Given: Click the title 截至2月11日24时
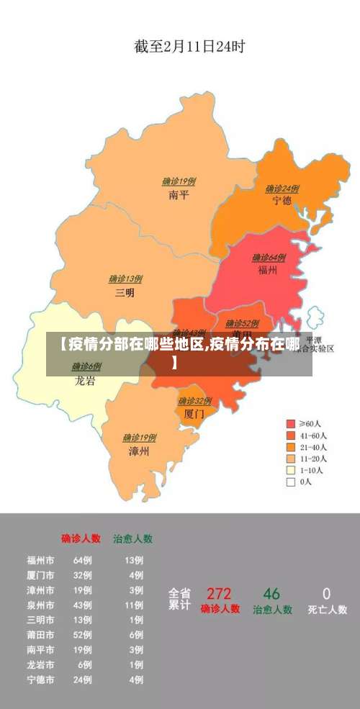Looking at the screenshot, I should pos(189,47).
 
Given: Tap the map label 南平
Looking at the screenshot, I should pos(179,195).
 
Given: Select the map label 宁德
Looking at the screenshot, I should pos(282,201).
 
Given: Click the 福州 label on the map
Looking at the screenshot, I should pos(269,271).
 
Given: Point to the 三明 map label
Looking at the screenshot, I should pos(125,293).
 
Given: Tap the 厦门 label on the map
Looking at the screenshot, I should pos(194,414).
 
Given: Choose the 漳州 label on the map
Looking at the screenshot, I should pos(139,451).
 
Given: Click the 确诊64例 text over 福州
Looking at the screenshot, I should pos(269,258).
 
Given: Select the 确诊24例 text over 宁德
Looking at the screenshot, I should pos(282,189).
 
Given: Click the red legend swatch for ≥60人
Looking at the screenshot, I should pos(291,424).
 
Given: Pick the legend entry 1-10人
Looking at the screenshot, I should pos(311,471).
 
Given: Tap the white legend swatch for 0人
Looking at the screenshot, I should pos(291,482).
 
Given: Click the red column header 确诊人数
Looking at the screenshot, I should pos(81,538).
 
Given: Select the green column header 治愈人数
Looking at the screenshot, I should pos(132,538).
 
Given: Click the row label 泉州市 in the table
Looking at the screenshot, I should pos(40,605).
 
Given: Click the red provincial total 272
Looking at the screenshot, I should pos(219,594).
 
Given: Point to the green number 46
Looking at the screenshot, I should pos(271,594).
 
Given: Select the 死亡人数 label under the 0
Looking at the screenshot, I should pos(327,610).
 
